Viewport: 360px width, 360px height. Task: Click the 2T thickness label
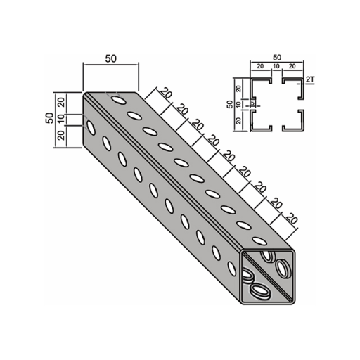pyautogui.click(x=310, y=80)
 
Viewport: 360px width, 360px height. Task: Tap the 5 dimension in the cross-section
pyautogui.click(x=252, y=103)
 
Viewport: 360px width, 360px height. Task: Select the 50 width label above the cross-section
pyautogui.click(x=277, y=58)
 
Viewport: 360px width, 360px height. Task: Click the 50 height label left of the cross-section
pyautogui.click(x=231, y=104)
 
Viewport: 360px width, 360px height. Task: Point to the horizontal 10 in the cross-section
pyautogui.click(x=276, y=66)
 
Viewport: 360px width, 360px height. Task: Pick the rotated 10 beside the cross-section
pyautogui.click(x=238, y=104)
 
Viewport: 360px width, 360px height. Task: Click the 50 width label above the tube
pyautogui.click(x=110, y=58)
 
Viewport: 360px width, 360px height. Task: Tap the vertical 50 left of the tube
pyautogui.click(x=49, y=118)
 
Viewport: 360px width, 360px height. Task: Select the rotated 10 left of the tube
pyautogui.click(x=61, y=120)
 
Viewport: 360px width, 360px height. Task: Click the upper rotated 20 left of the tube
pyautogui.click(x=61, y=102)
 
